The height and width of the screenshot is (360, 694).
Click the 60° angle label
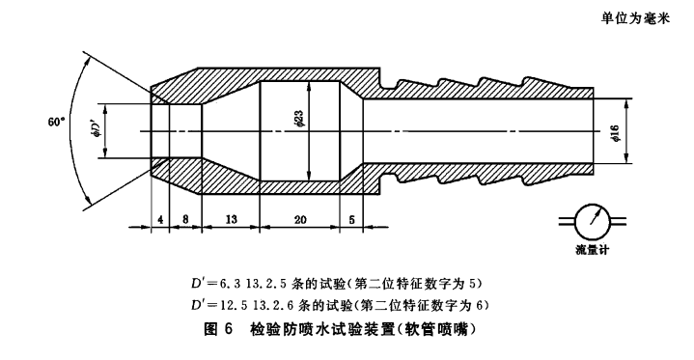56,122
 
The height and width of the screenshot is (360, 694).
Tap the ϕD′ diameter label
95,130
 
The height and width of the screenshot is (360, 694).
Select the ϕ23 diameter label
298,120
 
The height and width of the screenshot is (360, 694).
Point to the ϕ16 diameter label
614,133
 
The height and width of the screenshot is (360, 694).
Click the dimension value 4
160,219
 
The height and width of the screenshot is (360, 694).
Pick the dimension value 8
185,219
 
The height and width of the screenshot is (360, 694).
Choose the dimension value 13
231,219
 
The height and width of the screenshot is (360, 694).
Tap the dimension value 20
300,219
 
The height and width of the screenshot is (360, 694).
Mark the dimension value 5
351,219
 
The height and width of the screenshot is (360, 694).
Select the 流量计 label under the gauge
593,250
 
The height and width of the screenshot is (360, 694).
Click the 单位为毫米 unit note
635,18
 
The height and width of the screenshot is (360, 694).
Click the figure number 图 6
218,330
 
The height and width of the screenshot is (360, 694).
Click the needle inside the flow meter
594,217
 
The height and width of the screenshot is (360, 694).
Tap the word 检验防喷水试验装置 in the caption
321,330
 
